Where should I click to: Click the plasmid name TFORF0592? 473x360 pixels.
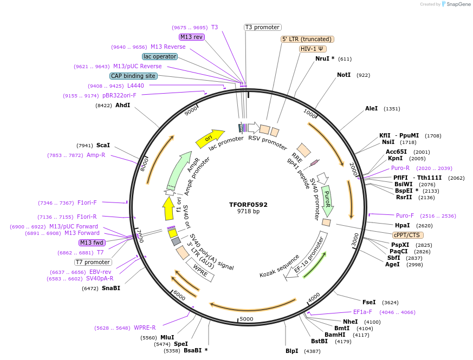pyautogui.click(x=248, y=205)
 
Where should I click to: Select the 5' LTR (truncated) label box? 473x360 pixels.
pyautogui.click(x=307, y=39)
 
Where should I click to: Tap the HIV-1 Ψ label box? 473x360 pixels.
pyautogui.click(x=313, y=49)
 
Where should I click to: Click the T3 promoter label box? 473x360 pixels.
pyautogui.click(x=262, y=27)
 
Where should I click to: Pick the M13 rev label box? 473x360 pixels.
pyautogui.click(x=191, y=37)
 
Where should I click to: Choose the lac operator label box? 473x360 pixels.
pyautogui.click(x=160, y=56)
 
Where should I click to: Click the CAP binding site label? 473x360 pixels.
pyautogui.click(x=133, y=76)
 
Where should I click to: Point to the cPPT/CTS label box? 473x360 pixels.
pyautogui.click(x=408, y=235)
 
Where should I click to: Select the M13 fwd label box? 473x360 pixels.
pyautogui.click(x=92, y=243)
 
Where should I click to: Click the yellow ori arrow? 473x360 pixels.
pyautogui.click(x=210, y=139)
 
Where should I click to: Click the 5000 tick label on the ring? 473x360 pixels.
pyautogui.click(x=247, y=319)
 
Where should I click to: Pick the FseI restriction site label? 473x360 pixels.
pyautogui.click(x=368, y=302)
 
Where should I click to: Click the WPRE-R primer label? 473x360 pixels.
pyautogui.click(x=145, y=328)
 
